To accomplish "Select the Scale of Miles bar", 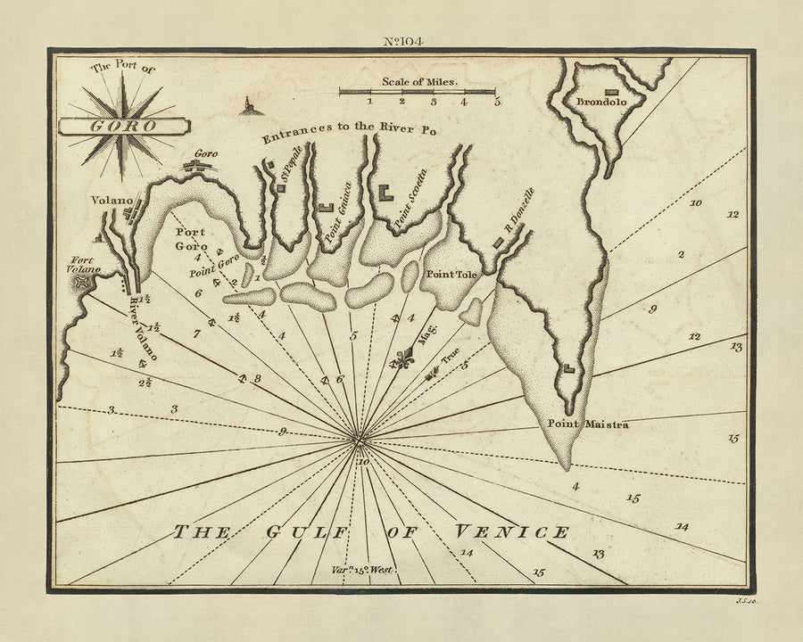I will point(418,92).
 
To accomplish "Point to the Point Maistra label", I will point(587,424).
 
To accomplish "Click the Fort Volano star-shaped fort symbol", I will point(83,283).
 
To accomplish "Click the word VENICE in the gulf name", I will point(511,532).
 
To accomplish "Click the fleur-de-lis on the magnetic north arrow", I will point(408,360).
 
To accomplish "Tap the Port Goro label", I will point(189,239).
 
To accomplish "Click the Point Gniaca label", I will point(334,218).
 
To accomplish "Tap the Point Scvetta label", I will point(411,194).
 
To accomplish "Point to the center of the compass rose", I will point(357,437).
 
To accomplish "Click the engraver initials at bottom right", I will point(747,605).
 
